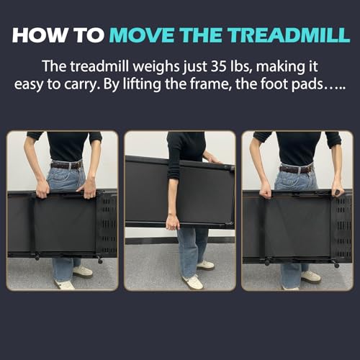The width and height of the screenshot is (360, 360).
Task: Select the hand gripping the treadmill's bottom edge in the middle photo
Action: pyautogui.click(x=171, y=224)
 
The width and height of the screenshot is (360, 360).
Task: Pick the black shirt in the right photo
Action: pyautogui.click(x=296, y=148)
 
